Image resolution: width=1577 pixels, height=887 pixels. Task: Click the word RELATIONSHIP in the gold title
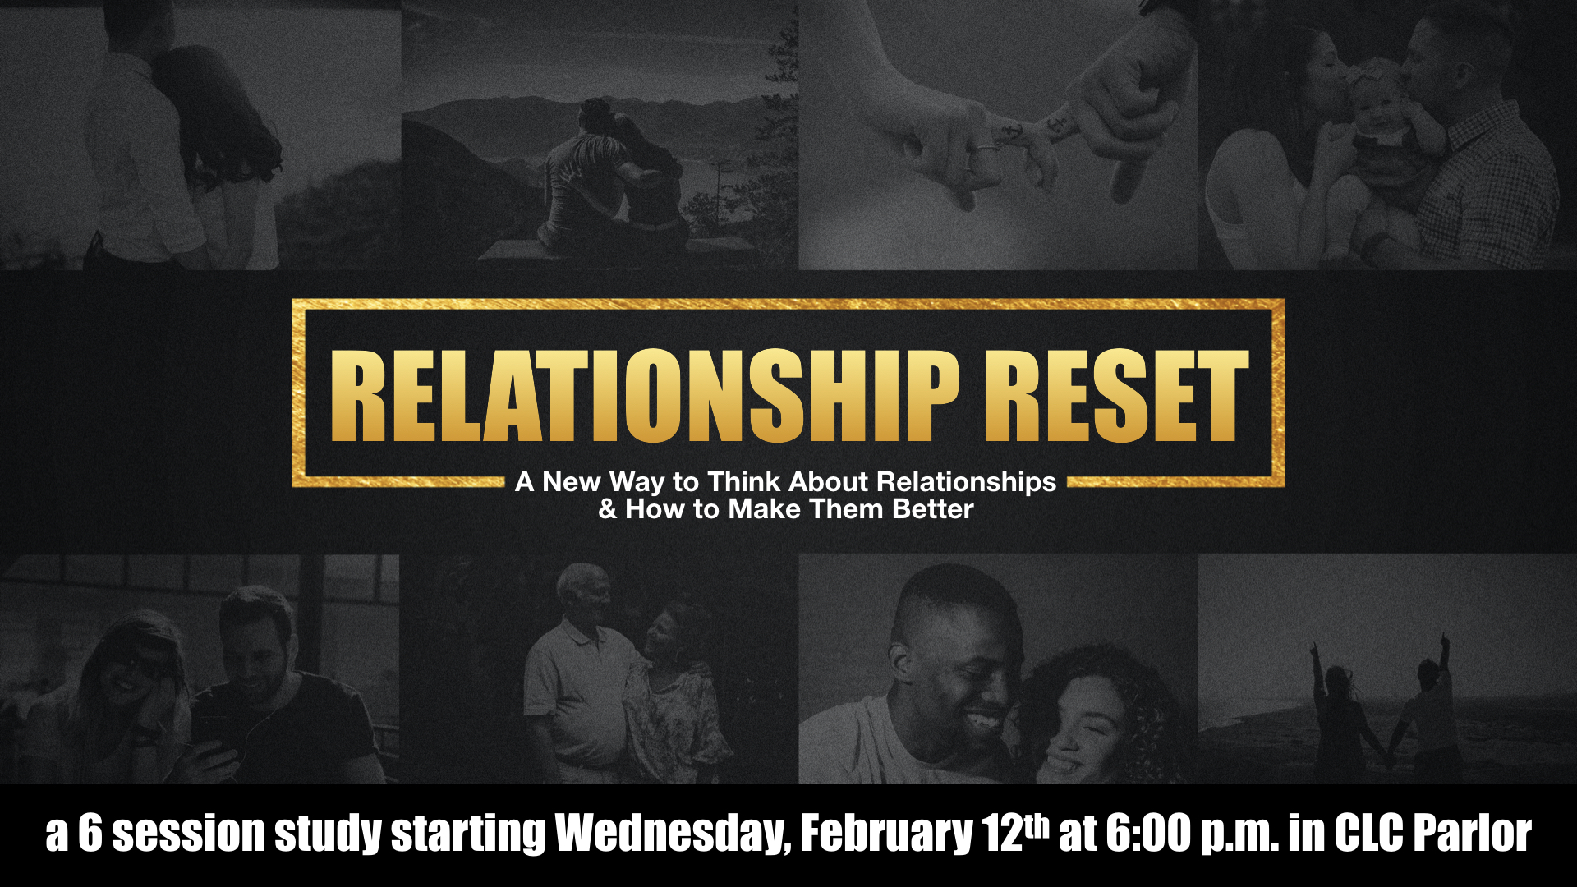645,396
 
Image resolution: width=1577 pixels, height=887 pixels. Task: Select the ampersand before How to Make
608,509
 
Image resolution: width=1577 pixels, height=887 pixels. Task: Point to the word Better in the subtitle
933,509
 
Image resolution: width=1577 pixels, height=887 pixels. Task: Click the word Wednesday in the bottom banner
673,834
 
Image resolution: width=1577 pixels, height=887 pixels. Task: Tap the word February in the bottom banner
885,834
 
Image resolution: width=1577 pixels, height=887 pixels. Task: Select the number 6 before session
90,834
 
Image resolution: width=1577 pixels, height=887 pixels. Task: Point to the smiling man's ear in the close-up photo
900,657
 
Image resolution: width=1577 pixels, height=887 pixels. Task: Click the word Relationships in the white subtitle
966,481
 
